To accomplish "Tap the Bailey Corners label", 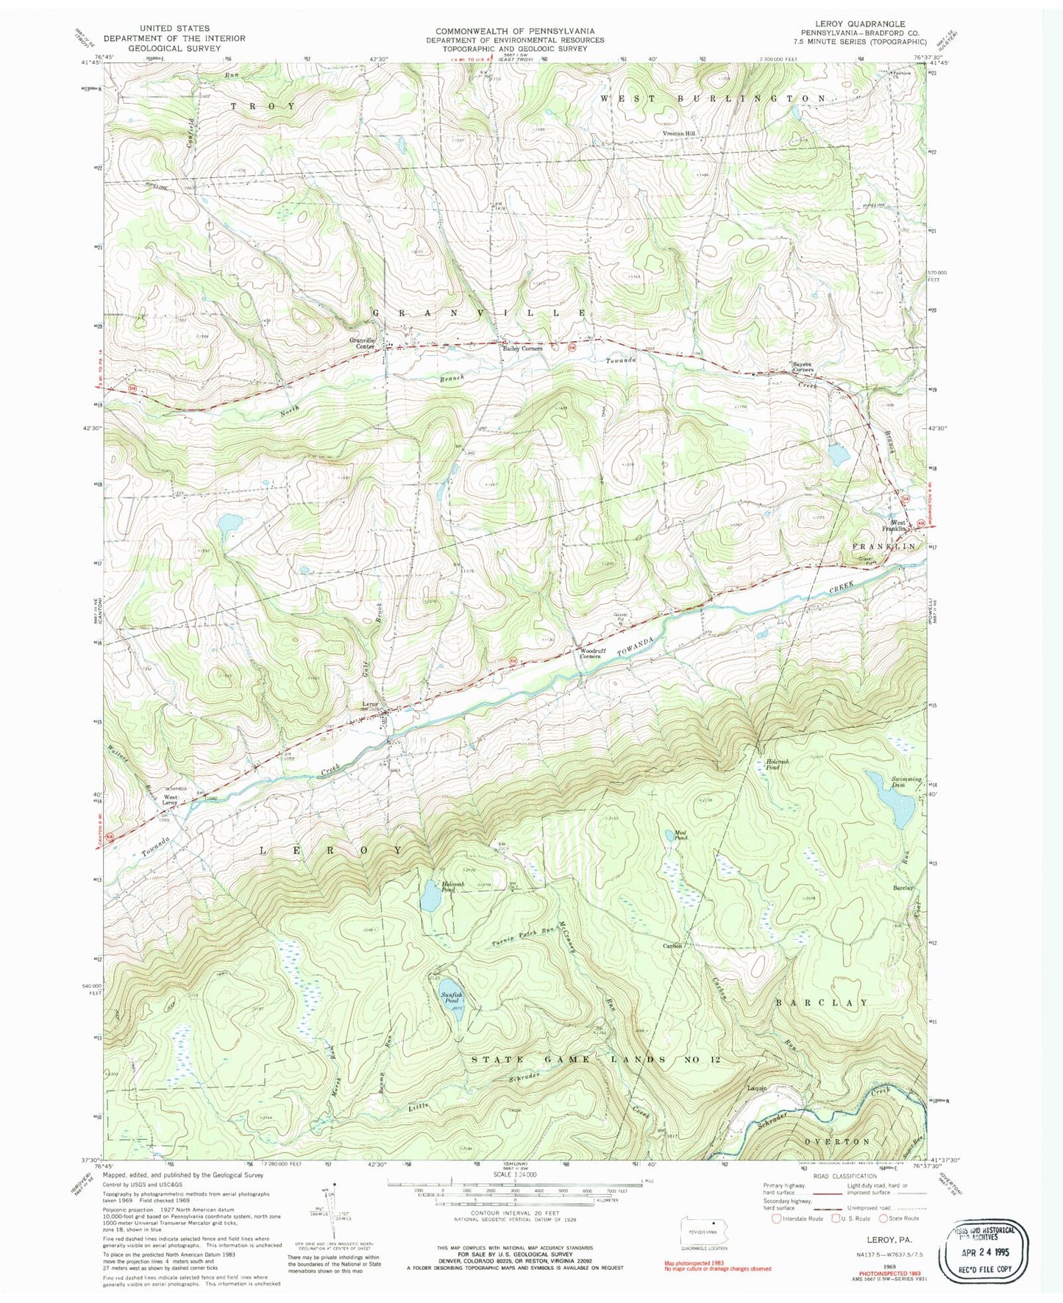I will pos(522,349).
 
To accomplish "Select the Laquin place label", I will pos(757,1088).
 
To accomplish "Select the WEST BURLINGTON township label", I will pos(714,98).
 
